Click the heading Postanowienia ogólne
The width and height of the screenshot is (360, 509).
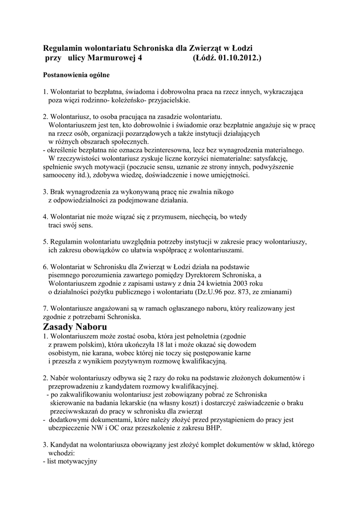75,76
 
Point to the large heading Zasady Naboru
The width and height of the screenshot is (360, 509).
75,327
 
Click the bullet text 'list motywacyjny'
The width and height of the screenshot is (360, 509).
72,461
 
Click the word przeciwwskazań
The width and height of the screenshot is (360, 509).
75,411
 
